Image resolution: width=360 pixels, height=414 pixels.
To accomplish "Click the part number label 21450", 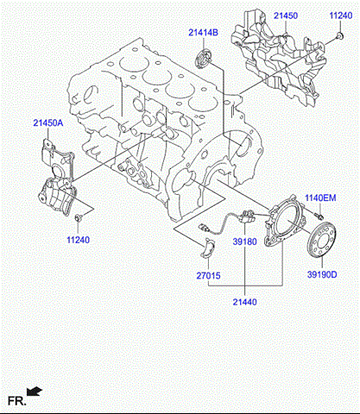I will click(x=288, y=16).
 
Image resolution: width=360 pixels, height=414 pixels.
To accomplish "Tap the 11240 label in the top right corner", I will click(x=341, y=16).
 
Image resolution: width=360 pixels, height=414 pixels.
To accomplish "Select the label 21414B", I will click(x=204, y=33).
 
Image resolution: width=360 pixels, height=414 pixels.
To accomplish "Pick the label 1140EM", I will click(x=325, y=198).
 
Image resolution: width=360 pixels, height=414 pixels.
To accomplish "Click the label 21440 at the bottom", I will click(x=244, y=301).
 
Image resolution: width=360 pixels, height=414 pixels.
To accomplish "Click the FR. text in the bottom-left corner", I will click(x=16, y=400).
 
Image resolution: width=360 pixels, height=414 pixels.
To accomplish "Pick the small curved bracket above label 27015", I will click(x=207, y=249).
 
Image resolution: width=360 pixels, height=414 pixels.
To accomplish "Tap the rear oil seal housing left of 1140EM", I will click(x=282, y=226).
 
